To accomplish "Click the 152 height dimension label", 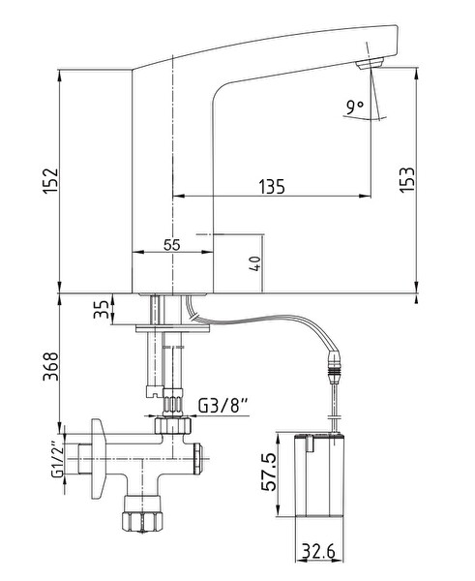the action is tap(50, 181).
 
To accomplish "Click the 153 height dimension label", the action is tap(407, 179).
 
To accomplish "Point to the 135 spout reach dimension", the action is tap(272, 186).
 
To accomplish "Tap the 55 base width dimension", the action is tap(172, 245).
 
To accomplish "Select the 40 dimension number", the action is tap(255, 263).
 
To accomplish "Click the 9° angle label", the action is tap(355, 107).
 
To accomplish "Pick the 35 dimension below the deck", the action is tap(101, 309).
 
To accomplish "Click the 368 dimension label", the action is tap(50, 366).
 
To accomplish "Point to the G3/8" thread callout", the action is tap(223, 406).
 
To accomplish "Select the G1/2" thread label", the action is tap(58, 459).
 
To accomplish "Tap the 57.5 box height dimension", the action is tap(268, 472).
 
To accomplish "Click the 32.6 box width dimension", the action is tap(318, 551).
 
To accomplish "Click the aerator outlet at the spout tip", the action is tap(369, 64).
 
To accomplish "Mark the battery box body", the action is tap(319, 474).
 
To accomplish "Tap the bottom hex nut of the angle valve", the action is tap(142, 520).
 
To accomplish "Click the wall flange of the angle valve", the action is tap(98, 459).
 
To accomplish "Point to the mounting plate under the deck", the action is tap(173, 328).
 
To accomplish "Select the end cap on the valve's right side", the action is tap(197, 459).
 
